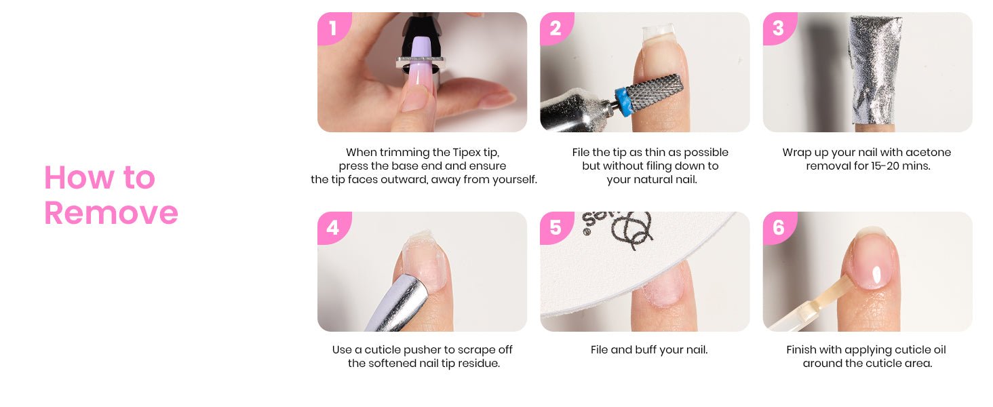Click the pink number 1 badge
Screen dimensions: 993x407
pyautogui.click(x=334, y=28)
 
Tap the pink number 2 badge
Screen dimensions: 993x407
pyautogui.click(x=556, y=28)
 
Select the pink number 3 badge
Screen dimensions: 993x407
pyautogui.click(x=779, y=28)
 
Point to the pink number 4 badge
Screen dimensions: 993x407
pyautogui.click(x=334, y=227)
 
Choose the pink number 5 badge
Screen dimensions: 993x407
pyautogui.click(x=556, y=227)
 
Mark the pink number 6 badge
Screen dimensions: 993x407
pyautogui.click(x=779, y=227)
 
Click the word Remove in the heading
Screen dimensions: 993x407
pyautogui.click(x=111, y=213)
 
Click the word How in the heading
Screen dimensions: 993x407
pyautogui.click(x=79, y=177)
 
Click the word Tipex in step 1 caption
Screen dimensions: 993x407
pyautogui.click(x=467, y=153)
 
